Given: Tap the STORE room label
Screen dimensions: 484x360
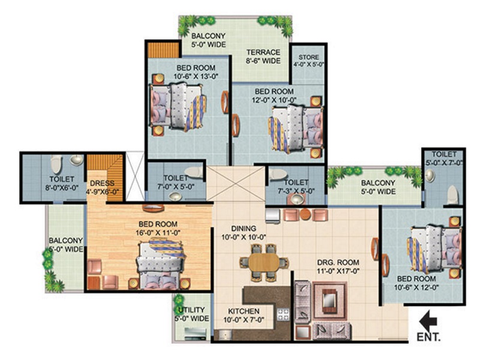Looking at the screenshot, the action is (x=309, y=57).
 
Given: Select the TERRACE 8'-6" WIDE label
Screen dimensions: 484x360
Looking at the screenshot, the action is (x=263, y=56).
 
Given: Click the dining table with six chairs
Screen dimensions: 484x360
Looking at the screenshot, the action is (x=264, y=262).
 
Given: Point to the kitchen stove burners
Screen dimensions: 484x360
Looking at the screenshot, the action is (x=283, y=314).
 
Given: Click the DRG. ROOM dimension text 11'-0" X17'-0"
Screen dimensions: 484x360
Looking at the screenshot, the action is (x=338, y=271).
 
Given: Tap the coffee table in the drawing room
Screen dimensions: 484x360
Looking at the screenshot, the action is (x=330, y=301).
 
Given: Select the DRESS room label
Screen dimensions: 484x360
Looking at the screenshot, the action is (x=102, y=183).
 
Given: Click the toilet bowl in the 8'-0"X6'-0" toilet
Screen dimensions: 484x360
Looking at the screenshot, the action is (x=56, y=164).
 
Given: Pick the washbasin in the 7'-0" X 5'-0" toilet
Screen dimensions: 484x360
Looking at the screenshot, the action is (x=175, y=196).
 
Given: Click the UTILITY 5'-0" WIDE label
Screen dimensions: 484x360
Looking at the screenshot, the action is (x=192, y=314).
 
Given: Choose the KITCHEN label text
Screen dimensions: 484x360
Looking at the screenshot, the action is (x=243, y=311).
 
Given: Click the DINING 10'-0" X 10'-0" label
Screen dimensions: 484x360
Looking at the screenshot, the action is (x=244, y=233).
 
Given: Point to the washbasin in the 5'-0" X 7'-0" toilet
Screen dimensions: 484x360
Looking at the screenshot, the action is (x=429, y=176).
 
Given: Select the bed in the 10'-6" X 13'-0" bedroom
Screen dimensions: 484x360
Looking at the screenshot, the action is (x=178, y=107).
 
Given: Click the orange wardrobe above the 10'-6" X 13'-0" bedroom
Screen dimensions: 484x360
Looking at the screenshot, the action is (x=164, y=50).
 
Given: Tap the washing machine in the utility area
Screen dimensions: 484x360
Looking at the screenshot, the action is (x=195, y=334).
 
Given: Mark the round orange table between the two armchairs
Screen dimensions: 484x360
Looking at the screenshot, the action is (x=305, y=214).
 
